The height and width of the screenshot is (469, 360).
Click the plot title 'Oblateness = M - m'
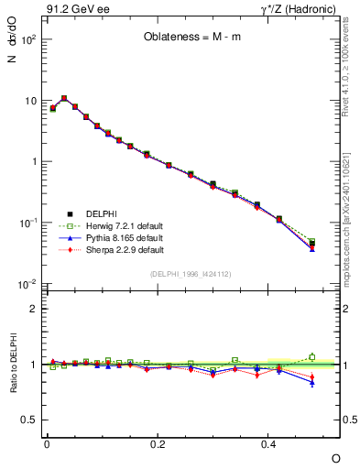point(192,38)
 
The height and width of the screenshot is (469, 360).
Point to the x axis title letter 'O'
point(335,457)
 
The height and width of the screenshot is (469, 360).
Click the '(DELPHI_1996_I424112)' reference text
point(191,273)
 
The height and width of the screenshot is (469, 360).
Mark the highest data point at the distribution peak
point(64,98)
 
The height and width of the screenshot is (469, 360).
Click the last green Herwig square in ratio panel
point(312,357)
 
